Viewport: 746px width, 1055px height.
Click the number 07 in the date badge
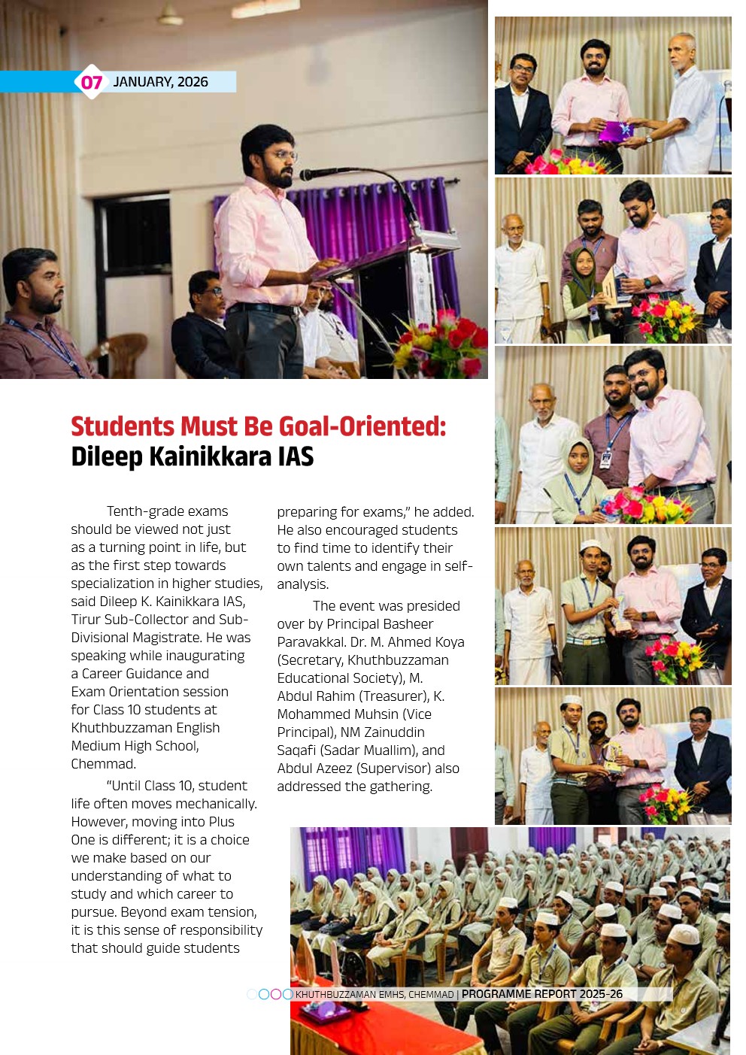coord(91,82)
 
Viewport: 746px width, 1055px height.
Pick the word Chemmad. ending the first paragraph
coord(104,764)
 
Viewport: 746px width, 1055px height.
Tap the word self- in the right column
coord(456,566)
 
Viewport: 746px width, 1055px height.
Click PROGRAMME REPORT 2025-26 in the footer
coord(541,994)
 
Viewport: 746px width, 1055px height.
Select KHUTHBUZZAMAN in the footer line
coord(335,995)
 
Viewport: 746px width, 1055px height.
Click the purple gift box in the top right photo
coord(615,131)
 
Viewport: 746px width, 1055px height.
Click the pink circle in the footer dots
coord(275,994)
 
